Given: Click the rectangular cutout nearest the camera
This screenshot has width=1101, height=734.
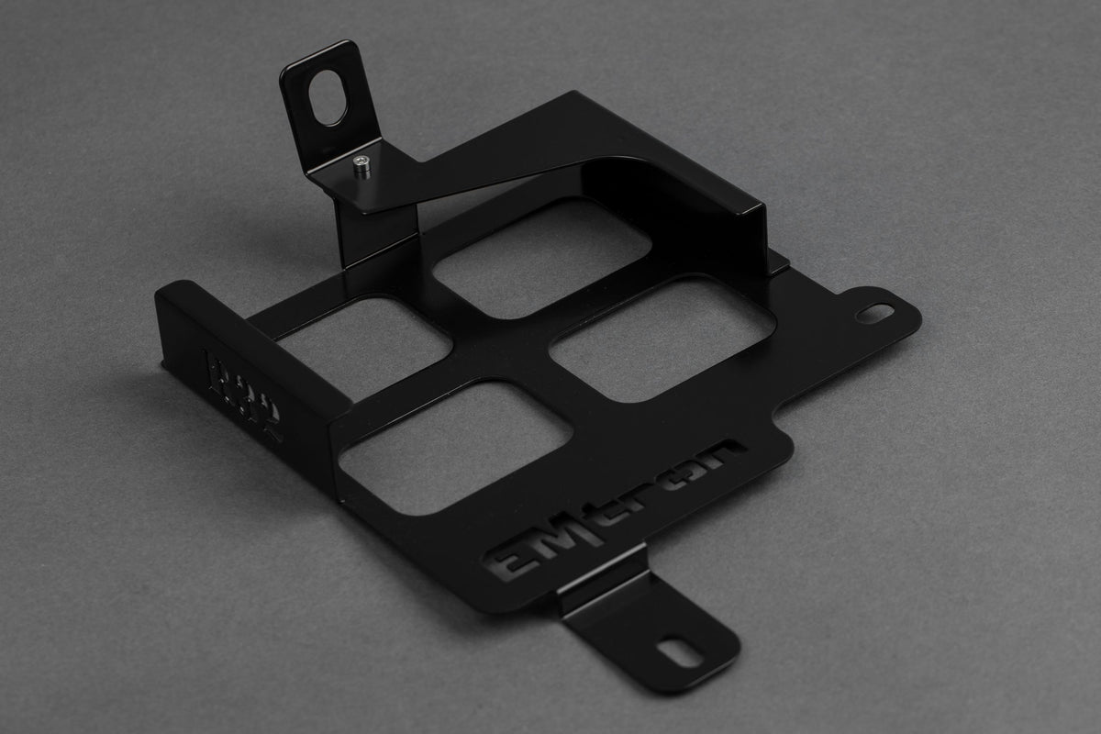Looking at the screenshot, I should tap(455, 446).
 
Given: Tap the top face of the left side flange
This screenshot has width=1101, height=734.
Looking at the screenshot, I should tap(252, 317).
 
